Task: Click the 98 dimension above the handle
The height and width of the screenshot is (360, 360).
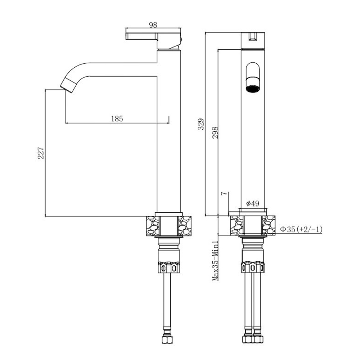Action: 153,25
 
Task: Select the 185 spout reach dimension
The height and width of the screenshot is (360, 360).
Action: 117,119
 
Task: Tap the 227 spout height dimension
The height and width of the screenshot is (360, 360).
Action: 41,153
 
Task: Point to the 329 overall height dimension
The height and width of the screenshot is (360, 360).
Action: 201,124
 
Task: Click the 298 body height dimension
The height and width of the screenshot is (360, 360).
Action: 215,133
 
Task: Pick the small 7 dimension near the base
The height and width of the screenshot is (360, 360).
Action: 224,193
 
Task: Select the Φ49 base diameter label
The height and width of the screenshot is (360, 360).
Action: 253,203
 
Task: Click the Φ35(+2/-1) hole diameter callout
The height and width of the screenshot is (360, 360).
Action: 301,229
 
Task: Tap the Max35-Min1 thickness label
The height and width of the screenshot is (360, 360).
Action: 215,261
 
